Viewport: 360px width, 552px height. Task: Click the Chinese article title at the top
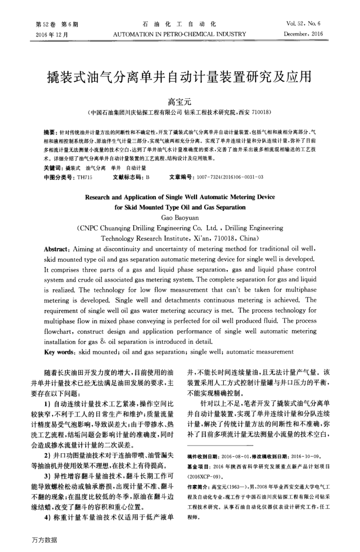coord(179,77)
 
